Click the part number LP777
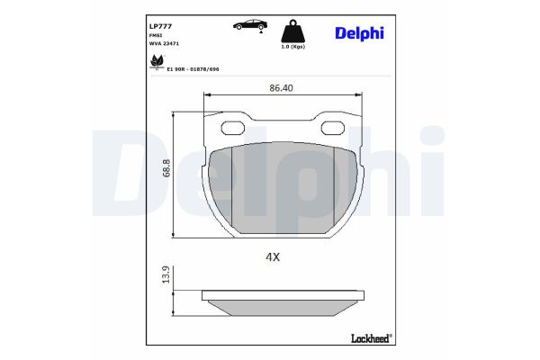159,27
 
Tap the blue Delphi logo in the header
360,32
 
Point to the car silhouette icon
246,25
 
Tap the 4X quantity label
274,256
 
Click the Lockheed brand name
369,337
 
